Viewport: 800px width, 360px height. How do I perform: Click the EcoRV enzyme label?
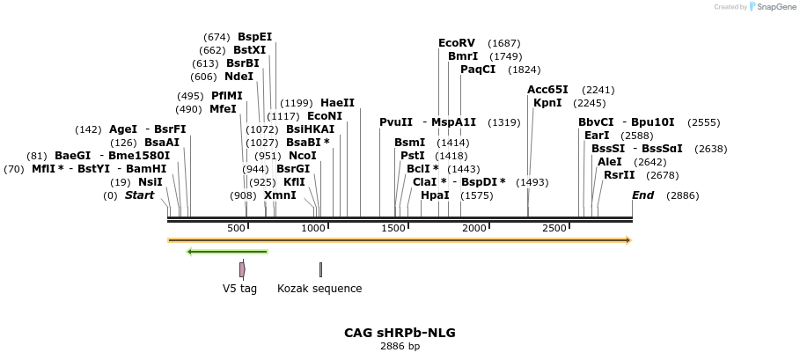coord(456,43)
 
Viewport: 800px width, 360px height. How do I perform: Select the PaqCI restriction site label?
coord(478,70)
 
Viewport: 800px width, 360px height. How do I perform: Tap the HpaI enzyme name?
coord(435,195)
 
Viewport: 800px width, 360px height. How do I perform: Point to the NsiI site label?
coord(150,182)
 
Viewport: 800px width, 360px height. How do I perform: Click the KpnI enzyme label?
coord(547,103)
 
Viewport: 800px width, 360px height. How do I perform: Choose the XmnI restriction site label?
coord(280,195)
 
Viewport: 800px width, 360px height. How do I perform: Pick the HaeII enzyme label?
coord(337,103)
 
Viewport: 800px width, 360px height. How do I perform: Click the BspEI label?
coord(254,37)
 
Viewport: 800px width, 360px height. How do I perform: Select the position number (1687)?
coord(504,43)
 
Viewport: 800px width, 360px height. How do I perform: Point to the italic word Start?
coord(139,195)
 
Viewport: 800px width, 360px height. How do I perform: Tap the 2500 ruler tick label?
coord(554,229)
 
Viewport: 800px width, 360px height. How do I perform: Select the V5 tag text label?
coord(239,288)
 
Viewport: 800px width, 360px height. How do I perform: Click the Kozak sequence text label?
coord(319,288)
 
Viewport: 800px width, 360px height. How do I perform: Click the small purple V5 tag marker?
coord(242,269)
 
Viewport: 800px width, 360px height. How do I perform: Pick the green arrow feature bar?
coord(227,252)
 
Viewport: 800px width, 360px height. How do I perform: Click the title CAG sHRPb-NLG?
coord(400,333)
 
